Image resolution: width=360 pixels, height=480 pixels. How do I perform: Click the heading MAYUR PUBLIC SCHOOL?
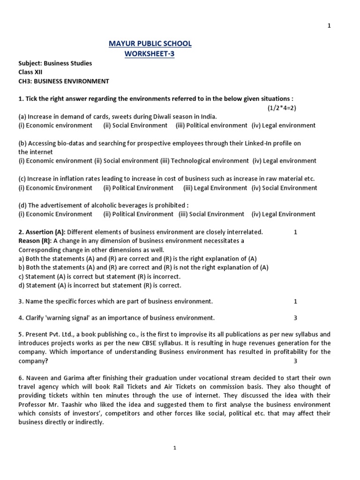[150, 44]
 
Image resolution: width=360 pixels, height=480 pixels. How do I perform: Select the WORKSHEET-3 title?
[150, 53]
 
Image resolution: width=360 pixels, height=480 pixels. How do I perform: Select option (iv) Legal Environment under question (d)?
[283, 214]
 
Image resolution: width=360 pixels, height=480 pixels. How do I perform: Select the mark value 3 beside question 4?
[295, 318]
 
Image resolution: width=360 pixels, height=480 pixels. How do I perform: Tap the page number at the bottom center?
[174, 448]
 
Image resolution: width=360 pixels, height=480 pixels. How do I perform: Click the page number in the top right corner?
[329, 26]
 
